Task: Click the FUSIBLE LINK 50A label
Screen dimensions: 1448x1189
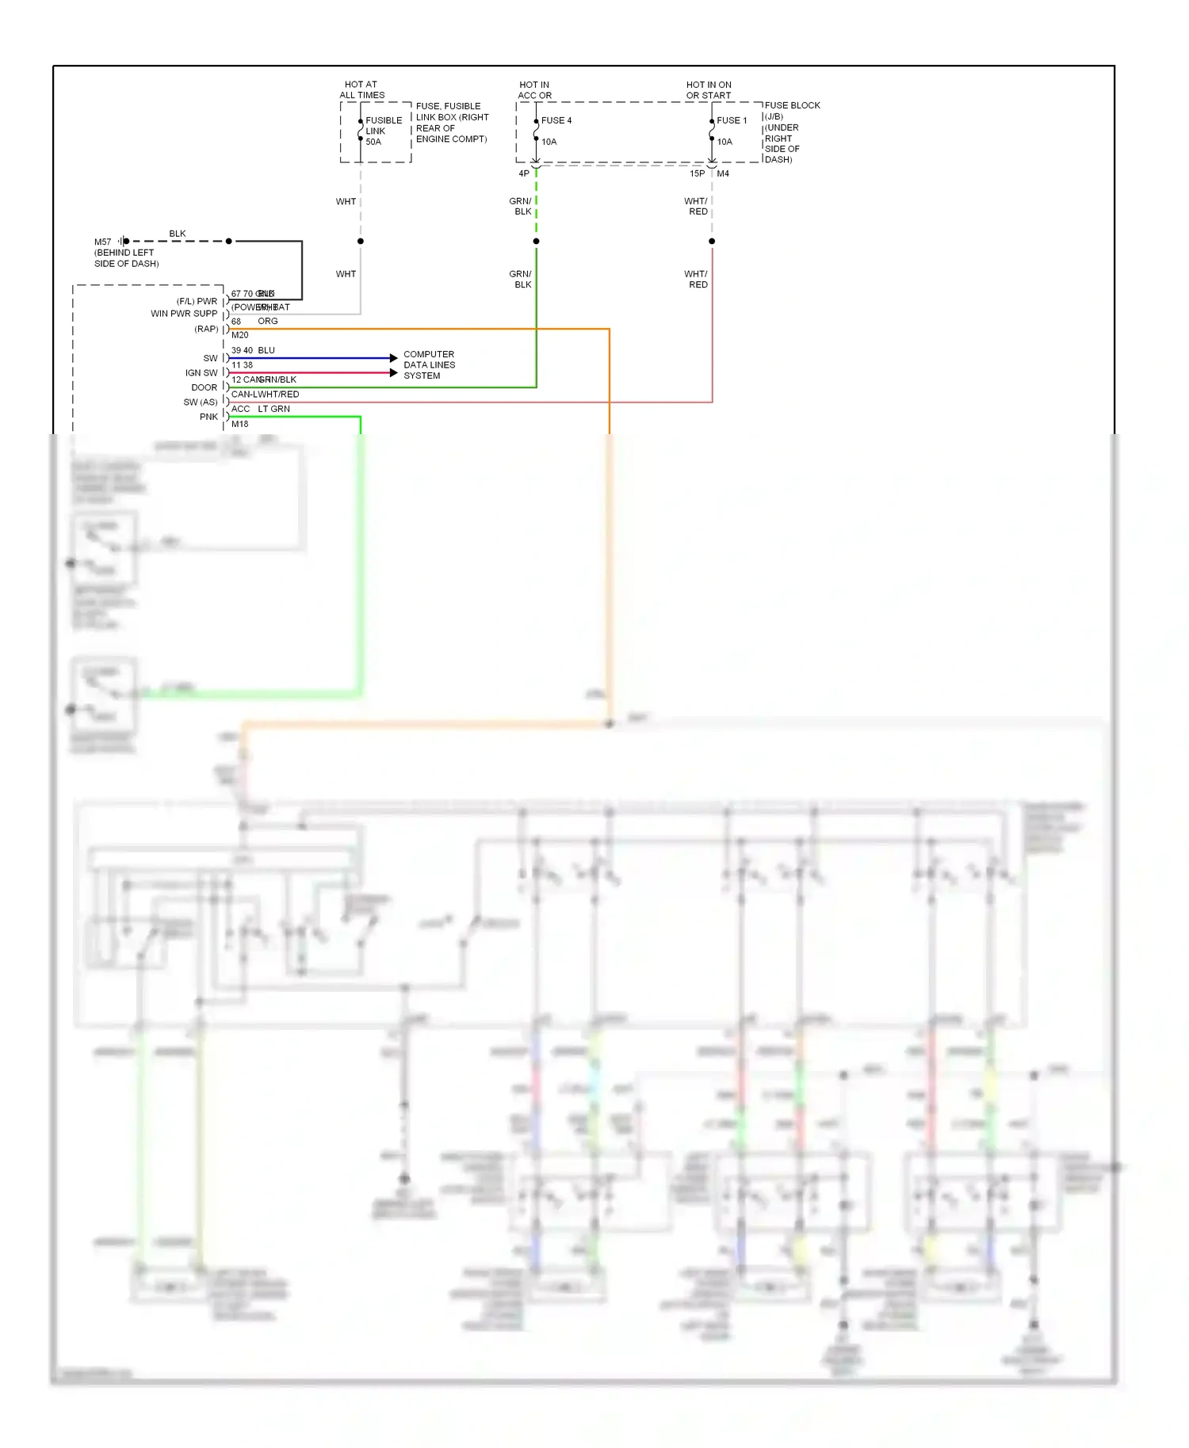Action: (x=383, y=131)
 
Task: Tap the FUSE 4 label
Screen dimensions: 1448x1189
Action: (x=556, y=120)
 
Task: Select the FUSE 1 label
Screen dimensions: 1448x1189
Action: (x=731, y=120)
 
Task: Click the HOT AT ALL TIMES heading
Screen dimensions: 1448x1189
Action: (x=361, y=90)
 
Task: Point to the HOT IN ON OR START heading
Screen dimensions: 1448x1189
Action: (x=709, y=90)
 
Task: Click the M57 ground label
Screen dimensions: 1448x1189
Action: (x=103, y=242)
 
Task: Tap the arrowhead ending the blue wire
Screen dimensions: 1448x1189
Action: (x=394, y=358)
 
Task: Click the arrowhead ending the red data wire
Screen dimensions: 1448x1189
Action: (x=394, y=372)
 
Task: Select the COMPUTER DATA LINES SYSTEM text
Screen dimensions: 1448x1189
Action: (x=429, y=365)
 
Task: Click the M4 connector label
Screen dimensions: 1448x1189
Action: (x=723, y=173)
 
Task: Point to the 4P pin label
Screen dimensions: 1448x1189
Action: (x=524, y=173)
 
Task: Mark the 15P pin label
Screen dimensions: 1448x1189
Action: (x=697, y=173)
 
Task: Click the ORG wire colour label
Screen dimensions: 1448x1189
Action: (x=268, y=321)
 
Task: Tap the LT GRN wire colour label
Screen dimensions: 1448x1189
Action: (x=273, y=409)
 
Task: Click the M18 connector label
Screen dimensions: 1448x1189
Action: (x=239, y=424)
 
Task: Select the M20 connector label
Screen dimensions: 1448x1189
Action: (x=239, y=335)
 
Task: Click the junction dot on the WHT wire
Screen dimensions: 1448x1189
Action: (x=361, y=241)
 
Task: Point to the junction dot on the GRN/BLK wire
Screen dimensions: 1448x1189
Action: (x=537, y=241)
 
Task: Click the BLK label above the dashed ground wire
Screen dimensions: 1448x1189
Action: (x=178, y=234)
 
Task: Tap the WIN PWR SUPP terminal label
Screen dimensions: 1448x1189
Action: (x=184, y=314)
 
